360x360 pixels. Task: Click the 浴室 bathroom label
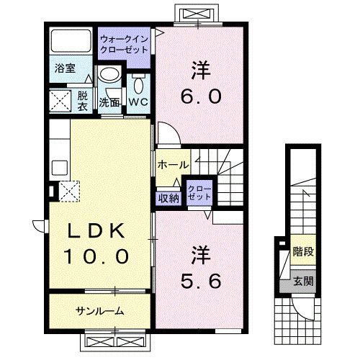pos(65,69)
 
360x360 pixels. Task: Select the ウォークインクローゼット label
pos(125,45)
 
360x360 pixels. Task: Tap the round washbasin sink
pos(109,74)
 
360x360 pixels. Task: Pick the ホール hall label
pos(174,163)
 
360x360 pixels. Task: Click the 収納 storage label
pos(168,198)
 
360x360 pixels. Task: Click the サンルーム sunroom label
pos(99,311)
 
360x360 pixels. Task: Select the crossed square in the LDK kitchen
pos(69,191)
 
